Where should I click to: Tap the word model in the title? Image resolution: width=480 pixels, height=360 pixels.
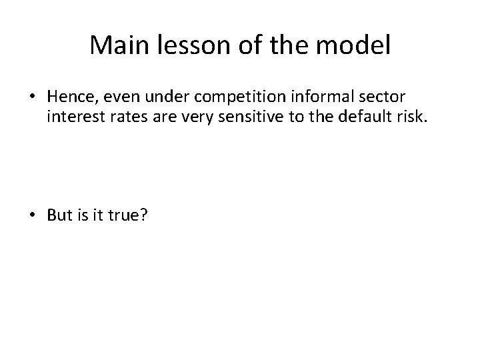pyautogui.click(x=357, y=46)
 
